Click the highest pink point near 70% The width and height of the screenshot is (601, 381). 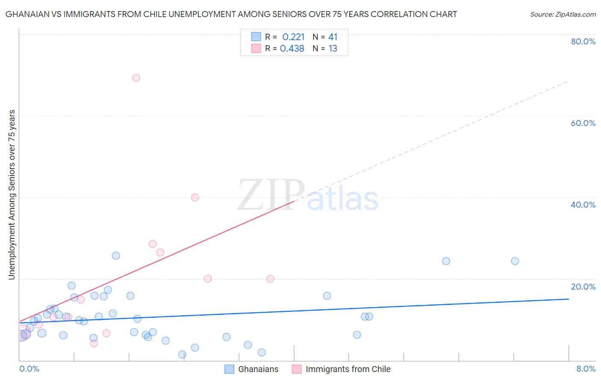click(x=136, y=78)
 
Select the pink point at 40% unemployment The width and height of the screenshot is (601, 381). click(x=195, y=197)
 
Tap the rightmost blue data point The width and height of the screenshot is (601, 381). click(x=515, y=261)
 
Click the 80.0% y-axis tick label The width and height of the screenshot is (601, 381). click(x=583, y=41)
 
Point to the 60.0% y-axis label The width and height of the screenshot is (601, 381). click(x=583, y=123)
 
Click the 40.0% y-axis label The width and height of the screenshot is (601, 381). click(x=583, y=205)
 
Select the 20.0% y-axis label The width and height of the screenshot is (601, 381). click(x=583, y=287)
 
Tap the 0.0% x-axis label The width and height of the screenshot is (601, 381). click(x=29, y=369)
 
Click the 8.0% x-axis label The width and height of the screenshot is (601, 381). click(x=586, y=369)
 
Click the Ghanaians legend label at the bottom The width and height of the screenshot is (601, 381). click(x=258, y=369)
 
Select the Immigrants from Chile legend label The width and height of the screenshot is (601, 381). click(x=348, y=369)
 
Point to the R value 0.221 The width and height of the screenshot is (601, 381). click(x=293, y=37)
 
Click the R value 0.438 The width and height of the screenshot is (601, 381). click(x=292, y=49)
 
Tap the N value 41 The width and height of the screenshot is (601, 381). click(x=333, y=37)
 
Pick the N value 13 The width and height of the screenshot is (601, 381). click(x=333, y=49)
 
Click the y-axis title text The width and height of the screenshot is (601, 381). click(x=12, y=195)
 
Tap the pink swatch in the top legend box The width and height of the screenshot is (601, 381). click(x=256, y=48)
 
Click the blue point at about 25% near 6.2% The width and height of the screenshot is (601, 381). click(x=446, y=261)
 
